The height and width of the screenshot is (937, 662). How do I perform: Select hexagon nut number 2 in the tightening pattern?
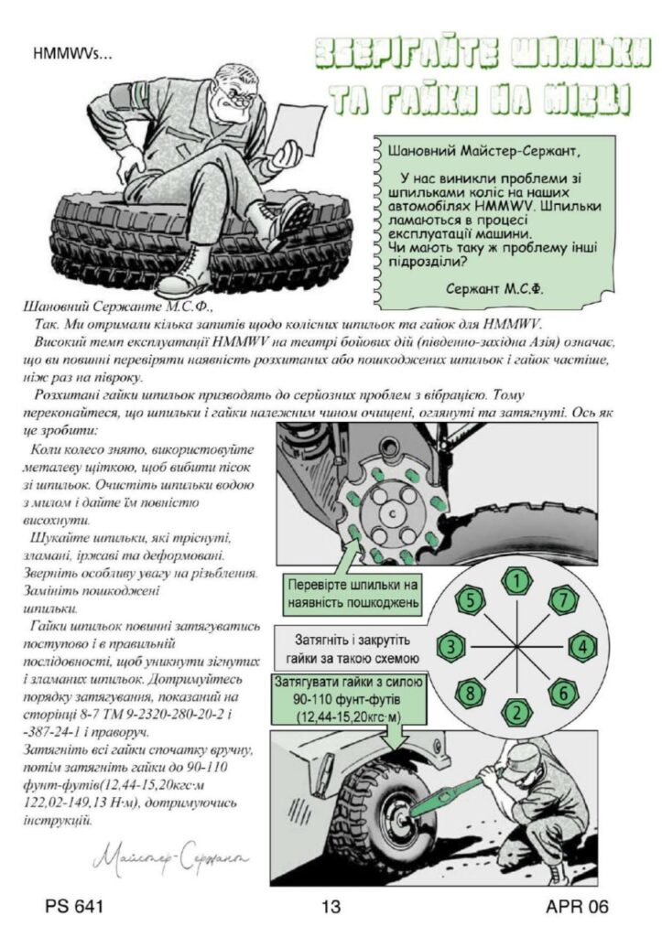pyautogui.click(x=518, y=711)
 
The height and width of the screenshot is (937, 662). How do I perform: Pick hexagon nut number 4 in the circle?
pyautogui.click(x=583, y=646)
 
